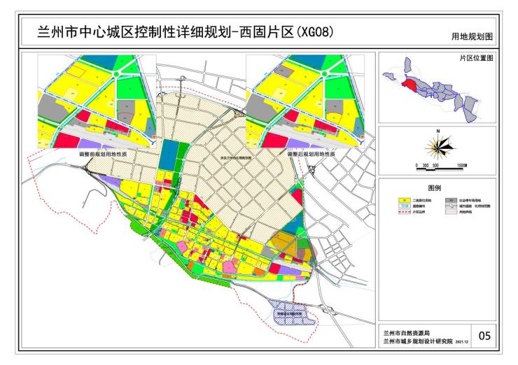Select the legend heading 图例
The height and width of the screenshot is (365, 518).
tap(436, 187)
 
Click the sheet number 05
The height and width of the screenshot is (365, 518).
tap(483, 336)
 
